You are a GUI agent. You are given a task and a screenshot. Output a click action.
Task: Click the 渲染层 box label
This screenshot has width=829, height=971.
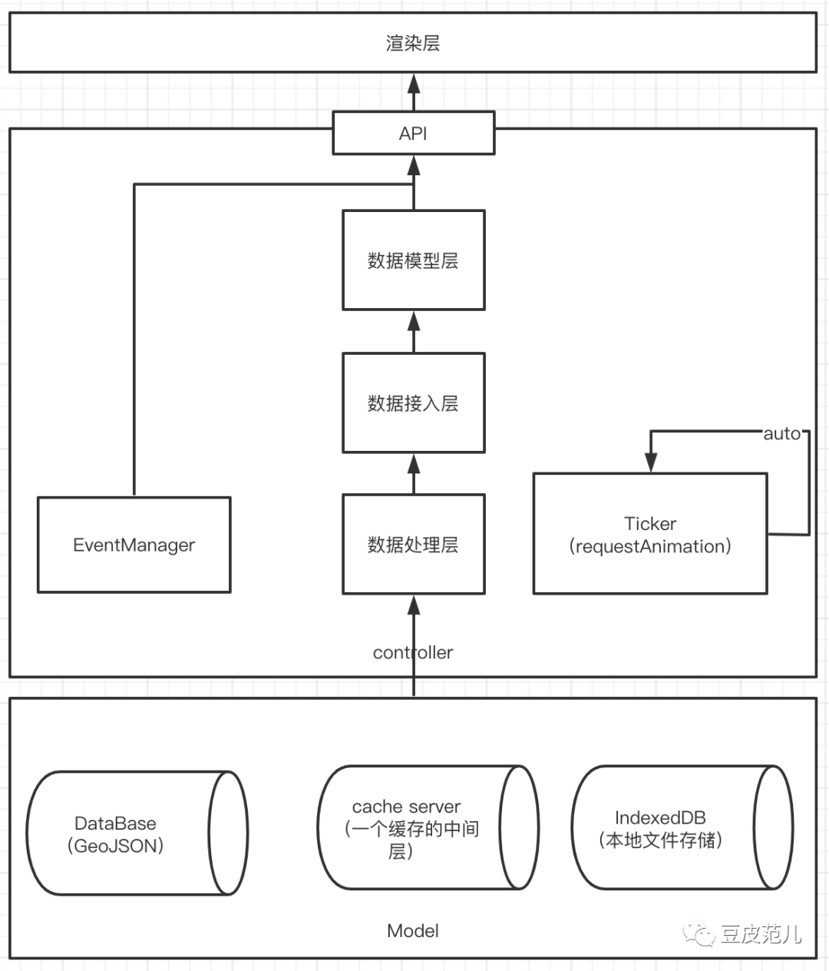(413, 44)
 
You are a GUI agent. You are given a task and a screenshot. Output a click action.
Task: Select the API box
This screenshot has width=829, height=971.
(413, 133)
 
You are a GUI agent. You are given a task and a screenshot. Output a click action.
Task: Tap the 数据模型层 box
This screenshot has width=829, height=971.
(413, 260)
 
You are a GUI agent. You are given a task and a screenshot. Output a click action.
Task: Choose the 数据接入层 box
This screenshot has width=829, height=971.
(413, 403)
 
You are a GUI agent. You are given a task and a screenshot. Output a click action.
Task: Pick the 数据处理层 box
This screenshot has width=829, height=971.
(413, 545)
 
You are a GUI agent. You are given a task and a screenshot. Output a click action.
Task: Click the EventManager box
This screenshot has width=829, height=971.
(134, 545)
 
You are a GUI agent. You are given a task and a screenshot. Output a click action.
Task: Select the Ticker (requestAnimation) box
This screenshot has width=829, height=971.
(650, 535)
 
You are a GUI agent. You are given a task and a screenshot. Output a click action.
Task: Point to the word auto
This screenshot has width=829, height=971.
(781, 434)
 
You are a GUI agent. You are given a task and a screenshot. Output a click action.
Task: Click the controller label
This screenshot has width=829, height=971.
(413, 652)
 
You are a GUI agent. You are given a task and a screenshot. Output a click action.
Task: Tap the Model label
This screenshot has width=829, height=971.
(413, 931)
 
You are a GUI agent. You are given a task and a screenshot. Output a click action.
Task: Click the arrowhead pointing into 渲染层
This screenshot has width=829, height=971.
(414, 83)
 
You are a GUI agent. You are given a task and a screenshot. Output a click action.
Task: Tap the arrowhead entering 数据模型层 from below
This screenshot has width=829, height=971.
(414, 320)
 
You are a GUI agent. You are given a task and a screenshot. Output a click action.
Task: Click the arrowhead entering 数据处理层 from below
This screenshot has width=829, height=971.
(414, 605)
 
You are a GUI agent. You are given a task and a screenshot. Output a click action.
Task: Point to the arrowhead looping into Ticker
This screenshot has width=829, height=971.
(651, 462)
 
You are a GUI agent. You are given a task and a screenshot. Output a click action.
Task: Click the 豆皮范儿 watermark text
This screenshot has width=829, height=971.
(761, 934)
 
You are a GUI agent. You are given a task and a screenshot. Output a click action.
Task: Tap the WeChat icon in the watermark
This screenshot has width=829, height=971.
(700, 933)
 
